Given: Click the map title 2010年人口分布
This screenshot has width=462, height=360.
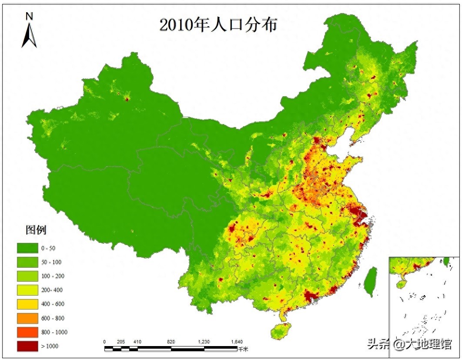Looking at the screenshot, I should coord(218,25).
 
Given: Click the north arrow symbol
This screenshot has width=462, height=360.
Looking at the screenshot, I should coord(29,36).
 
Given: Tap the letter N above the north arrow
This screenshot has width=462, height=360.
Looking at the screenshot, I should coord(29,17).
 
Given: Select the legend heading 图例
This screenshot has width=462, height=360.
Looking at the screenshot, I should coord(36,229).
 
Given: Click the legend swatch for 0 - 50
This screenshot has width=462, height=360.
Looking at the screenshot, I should coord(27,248).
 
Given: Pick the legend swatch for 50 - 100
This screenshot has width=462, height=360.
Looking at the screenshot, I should coord(27,262).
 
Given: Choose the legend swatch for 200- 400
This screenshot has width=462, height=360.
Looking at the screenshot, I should coord(27,290).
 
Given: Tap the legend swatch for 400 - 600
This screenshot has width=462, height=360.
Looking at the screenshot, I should coord(27,304).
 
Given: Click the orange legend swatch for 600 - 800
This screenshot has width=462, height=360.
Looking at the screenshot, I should coord(27,318).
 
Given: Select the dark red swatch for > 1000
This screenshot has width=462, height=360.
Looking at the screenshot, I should coord(27,346).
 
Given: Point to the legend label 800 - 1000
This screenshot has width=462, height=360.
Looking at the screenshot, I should coord(54,332).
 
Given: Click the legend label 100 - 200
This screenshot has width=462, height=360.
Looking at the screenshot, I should coord(53,276).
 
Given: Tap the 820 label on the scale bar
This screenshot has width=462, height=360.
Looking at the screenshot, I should coord(171,342).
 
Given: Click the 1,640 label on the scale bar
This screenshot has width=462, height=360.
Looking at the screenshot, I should coord(237,342).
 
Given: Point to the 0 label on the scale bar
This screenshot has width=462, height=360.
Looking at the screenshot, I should coord(105,342).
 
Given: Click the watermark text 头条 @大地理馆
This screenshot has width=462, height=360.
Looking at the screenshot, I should coord(409,344).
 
